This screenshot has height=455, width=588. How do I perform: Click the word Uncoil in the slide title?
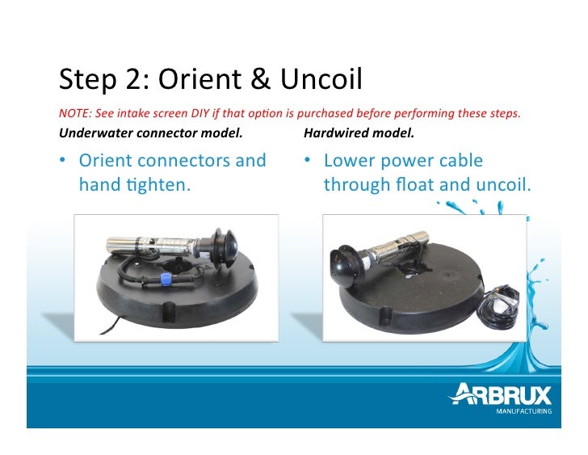click(321, 79)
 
